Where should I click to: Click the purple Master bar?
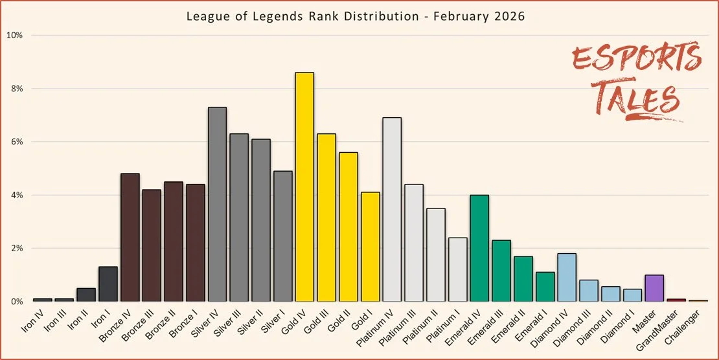[x=654, y=288]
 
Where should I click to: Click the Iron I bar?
[x=108, y=284]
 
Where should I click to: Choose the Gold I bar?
[x=370, y=247]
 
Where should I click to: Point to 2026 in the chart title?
[x=510, y=17]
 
